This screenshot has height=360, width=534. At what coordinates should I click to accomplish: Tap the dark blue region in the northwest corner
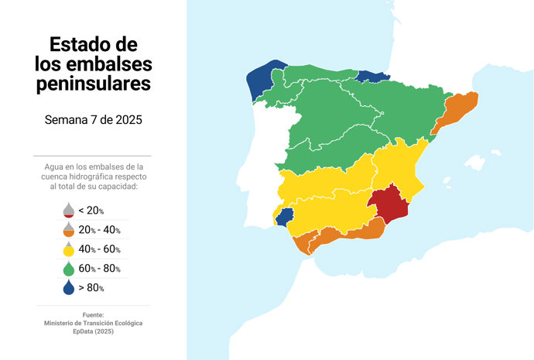coord(264,81)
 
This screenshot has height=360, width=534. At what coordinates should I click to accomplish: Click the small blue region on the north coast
coord(372,76)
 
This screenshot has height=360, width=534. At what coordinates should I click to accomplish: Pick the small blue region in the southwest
coord(285,216)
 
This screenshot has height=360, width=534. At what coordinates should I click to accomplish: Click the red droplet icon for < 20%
coord(68,211)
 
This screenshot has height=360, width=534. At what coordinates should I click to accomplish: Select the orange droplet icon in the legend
coord(68,230)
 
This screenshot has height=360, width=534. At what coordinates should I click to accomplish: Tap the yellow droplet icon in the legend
coord(68,249)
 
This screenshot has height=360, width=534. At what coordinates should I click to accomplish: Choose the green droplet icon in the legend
coord(68,268)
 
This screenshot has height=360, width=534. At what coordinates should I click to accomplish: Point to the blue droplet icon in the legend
coord(68,287)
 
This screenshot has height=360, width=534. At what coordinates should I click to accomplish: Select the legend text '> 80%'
coord(91,288)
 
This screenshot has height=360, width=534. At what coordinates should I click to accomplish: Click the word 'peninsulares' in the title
coord(93,84)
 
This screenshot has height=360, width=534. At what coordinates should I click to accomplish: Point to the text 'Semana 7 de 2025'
coord(93,121)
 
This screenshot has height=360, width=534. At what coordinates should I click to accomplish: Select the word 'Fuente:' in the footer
coord(93,314)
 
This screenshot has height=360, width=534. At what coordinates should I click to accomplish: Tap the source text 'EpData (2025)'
coord(93,331)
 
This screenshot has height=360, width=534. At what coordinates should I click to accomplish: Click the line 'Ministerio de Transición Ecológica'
coord(93,323)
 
